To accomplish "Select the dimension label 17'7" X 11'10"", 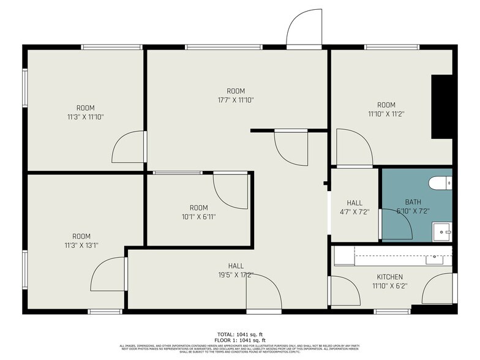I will click(x=236, y=100).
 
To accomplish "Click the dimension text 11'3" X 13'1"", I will click(x=81, y=246).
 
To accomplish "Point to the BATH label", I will click(x=413, y=202).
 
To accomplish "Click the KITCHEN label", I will click(x=389, y=277).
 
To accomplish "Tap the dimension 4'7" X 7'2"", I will click(x=354, y=212).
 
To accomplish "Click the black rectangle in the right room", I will click(x=441, y=107).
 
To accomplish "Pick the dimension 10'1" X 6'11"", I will click(x=198, y=217).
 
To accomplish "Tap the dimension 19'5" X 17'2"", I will click(x=236, y=275).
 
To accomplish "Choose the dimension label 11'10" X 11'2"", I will click(x=386, y=113).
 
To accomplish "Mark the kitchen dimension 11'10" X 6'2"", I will click(x=389, y=285).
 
